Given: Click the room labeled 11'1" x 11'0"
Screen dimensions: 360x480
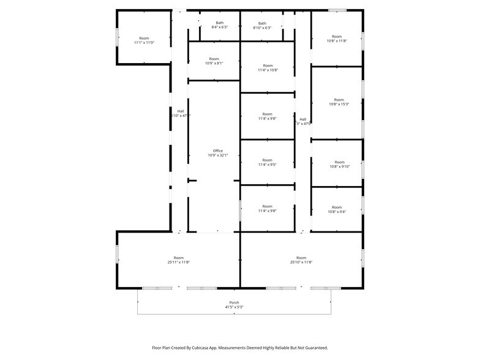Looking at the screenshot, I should (x=144, y=40).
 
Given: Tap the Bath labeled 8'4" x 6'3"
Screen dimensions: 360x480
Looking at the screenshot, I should (x=219, y=25).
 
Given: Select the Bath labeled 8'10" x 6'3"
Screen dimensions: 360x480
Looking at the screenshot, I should (x=262, y=25).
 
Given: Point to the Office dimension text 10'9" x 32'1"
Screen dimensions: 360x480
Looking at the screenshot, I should (x=218, y=156).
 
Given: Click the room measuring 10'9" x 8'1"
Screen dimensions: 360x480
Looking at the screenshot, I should (x=214, y=61).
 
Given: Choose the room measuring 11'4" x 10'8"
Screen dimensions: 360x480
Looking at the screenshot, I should (x=268, y=68).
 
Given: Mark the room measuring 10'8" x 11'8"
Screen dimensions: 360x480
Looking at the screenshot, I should (x=337, y=39).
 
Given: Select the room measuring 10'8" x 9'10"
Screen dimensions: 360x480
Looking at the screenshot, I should (x=339, y=165).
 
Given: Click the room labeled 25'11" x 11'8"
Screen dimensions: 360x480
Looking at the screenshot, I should (x=179, y=260).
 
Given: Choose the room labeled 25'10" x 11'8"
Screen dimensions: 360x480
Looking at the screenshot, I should (x=301, y=260).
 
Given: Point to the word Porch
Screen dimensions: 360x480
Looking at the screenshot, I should (x=234, y=302).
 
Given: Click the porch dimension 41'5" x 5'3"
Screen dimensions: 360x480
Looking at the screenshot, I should (x=234, y=307).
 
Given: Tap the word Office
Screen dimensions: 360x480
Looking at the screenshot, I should (x=218, y=151).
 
